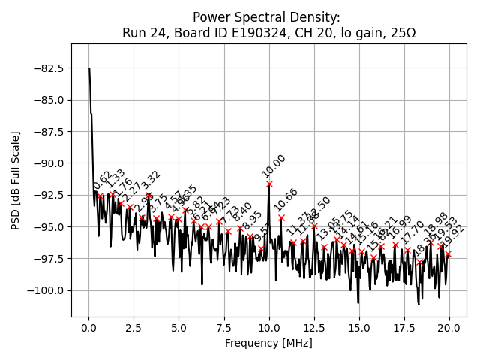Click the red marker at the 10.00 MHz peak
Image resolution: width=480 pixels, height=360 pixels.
269,184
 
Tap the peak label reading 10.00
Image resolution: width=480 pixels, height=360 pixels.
274,166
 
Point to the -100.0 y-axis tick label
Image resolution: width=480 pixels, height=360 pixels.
47,290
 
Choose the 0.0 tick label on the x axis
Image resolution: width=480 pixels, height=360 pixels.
88,328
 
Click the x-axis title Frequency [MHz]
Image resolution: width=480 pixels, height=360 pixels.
268,343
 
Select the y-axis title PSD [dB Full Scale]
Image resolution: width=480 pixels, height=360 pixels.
16,180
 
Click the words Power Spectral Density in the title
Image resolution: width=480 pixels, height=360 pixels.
266,16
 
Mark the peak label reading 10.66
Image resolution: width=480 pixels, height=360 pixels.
286,200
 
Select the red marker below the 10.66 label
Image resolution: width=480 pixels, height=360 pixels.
281,217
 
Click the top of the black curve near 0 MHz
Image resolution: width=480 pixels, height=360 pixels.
89,69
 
